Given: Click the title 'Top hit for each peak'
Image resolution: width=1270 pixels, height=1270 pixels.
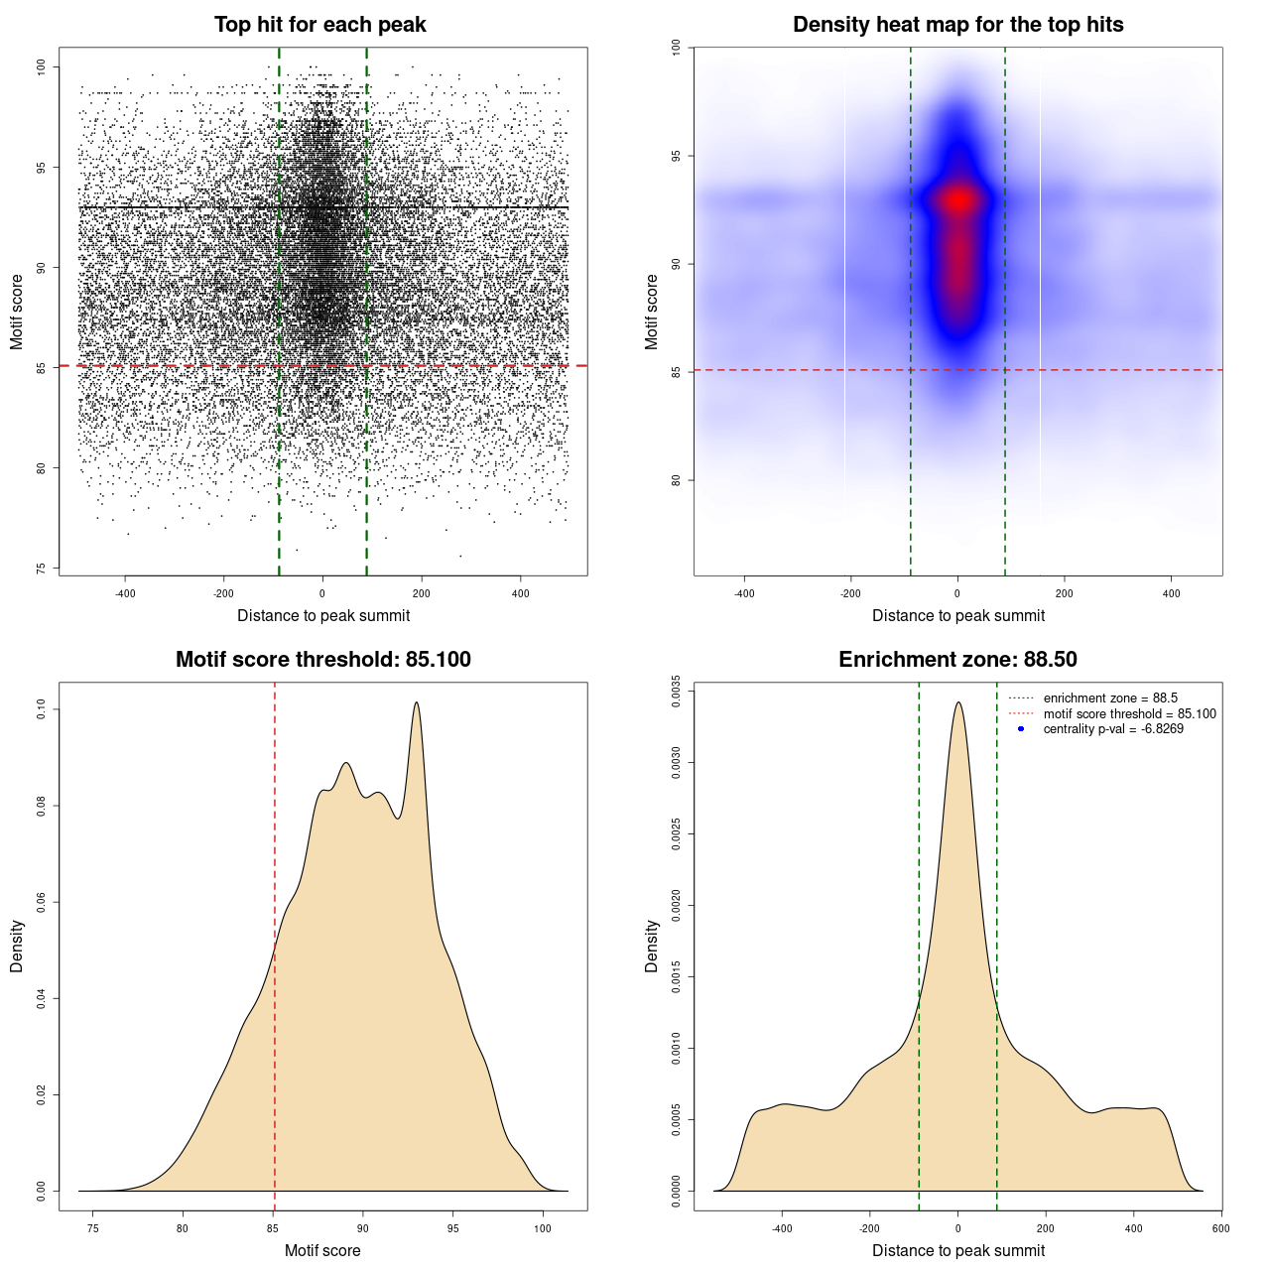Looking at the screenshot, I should pyautogui.click(x=319, y=25).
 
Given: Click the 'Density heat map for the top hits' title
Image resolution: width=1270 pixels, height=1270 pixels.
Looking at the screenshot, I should pyautogui.click(x=957, y=25).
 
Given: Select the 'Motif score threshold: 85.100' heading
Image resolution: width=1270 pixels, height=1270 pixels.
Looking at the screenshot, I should pyautogui.click(x=322, y=660).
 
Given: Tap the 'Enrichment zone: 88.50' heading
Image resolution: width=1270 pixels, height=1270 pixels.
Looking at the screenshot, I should pyautogui.click(x=957, y=660).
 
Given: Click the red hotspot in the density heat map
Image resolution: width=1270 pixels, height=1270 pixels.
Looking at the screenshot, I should pyautogui.click(x=958, y=200).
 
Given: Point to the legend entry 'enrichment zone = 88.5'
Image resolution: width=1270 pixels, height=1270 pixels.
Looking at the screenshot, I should pyautogui.click(x=1110, y=698).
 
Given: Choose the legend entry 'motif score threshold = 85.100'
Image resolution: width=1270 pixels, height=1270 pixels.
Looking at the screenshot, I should pyautogui.click(x=1129, y=713).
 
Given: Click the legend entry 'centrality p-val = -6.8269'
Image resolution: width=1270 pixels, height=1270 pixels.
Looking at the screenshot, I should pyautogui.click(x=1113, y=729).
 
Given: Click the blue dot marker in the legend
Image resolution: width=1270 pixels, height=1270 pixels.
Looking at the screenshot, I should pyautogui.click(x=1021, y=729).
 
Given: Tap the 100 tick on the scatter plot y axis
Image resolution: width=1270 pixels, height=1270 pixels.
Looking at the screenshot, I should pyautogui.click(x=42, y=66).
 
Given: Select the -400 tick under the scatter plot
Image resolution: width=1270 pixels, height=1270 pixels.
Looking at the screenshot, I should pyautogui.click(x=125, y=593).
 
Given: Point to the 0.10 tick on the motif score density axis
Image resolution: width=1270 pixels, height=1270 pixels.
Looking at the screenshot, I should pyautogui.click(x=42, y=709).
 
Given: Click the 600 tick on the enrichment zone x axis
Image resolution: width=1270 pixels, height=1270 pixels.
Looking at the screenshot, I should pyautogui.click(x=1220, y=1228).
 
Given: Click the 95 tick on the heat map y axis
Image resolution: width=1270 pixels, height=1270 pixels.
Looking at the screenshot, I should pyautogui.click(x=677, y=156).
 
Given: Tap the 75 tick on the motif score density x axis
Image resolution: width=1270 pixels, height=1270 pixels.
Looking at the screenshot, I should pyautogui.click(x=93, y=1228).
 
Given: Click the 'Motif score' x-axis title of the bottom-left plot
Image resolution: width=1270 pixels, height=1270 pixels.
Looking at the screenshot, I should pyautogui.click(x=322, y=1250).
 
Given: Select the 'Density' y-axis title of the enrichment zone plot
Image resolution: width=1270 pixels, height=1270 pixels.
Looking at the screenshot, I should pyautogui.click(x=652, y=946).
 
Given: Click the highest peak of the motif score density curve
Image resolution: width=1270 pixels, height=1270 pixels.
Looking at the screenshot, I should pyautogui.click(x=417, y=702).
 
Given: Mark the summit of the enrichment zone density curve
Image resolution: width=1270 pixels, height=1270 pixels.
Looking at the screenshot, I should pyautogui.click(x=957, y=702).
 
